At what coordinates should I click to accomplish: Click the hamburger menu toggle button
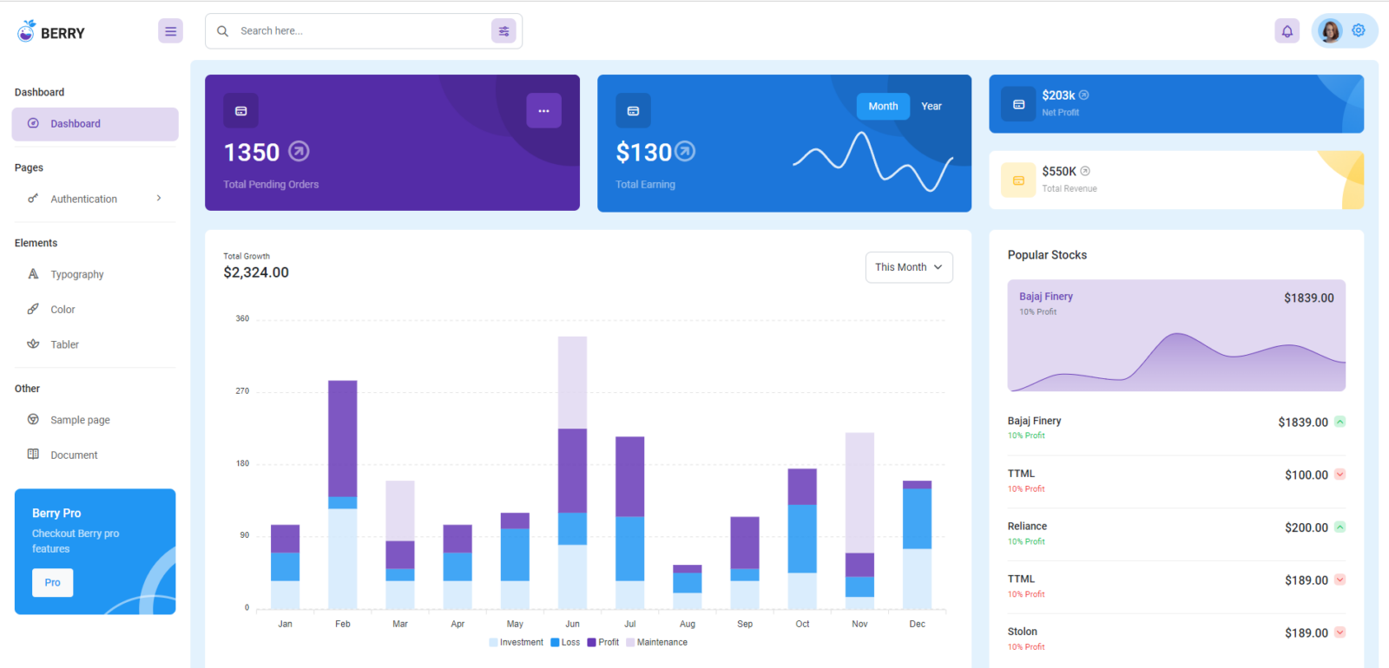[170, 31]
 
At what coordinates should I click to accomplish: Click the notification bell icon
[1287, 31]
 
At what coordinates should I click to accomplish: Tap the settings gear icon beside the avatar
[1359, 30]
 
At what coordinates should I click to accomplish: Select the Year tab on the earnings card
[931, 106]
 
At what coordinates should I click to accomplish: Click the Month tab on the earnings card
[883, 106]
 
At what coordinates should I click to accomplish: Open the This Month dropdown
[908, 267]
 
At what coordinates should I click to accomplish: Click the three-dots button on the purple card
[543, 111]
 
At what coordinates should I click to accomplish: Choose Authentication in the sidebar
[84, 199]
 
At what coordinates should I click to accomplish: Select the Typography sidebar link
[77, 274]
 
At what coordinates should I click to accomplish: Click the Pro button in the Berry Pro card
[52, 582]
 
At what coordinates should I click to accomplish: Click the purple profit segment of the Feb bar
[342, 438]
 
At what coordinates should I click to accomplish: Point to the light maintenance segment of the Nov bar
[859, 492]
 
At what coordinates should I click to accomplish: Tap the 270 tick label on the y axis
[242, 391]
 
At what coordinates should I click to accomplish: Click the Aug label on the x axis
[687, 624]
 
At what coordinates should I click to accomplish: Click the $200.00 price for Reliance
[1306, 527]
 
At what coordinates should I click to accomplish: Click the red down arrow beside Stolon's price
[1340, 632]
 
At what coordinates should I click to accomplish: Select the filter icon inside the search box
[504, 31]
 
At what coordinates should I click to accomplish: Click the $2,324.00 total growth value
[256, 272]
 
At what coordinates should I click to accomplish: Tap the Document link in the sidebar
[74, 455]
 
